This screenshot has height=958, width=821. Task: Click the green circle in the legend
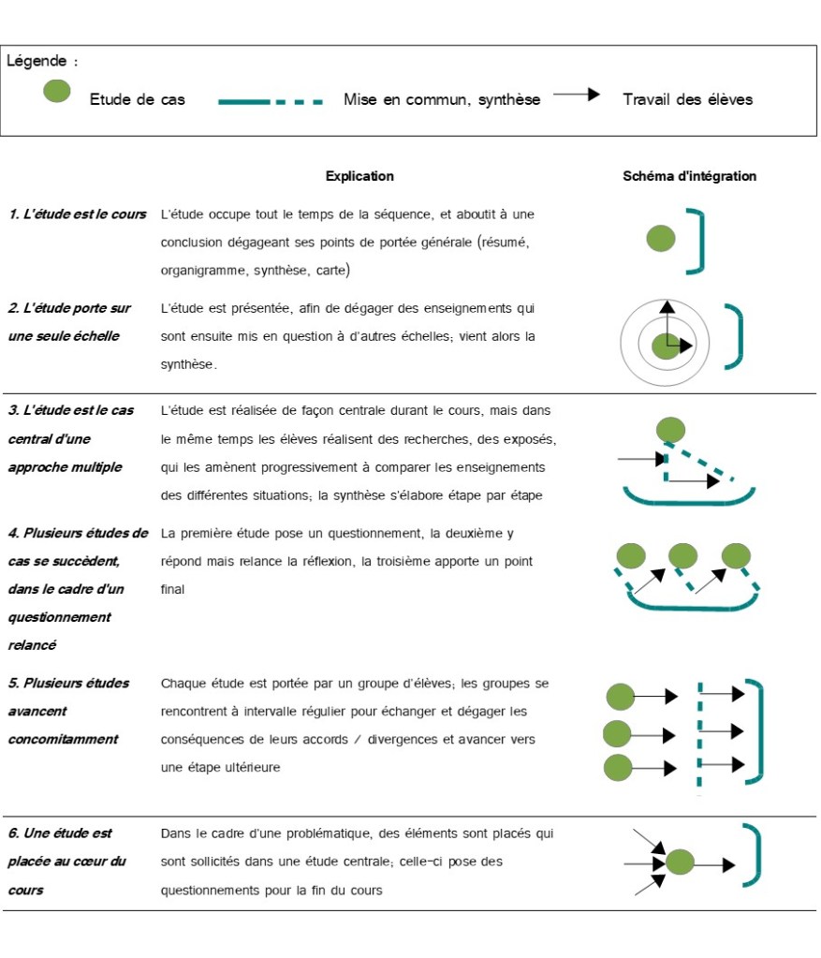[x=57, y=91]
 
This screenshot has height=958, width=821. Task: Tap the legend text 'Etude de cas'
[x=137, y=99]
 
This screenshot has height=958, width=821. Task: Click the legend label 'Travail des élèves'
[x=687, y=99]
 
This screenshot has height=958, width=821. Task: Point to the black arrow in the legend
[x=576, y=95]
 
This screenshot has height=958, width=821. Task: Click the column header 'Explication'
[x=359, y=176]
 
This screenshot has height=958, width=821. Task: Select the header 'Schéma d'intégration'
[x=689, y=176]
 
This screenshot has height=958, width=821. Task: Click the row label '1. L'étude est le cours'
[x=78, y=214]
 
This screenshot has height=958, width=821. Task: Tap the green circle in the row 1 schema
[x=661, y=239]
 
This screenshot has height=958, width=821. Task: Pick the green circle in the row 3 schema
[x=670, y=430]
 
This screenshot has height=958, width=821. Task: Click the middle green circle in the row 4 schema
[x=682, y=555]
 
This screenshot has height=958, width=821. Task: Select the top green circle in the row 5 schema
[x=621, y=697]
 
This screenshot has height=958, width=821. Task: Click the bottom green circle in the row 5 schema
[x=618, y=768]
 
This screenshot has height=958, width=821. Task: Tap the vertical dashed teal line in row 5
[x=698, y=735]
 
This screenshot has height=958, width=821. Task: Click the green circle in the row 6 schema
[x=680, y=862]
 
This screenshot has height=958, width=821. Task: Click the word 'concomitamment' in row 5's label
[x=63, y=739]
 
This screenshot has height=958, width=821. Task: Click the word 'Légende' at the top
[x=37, y=62]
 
